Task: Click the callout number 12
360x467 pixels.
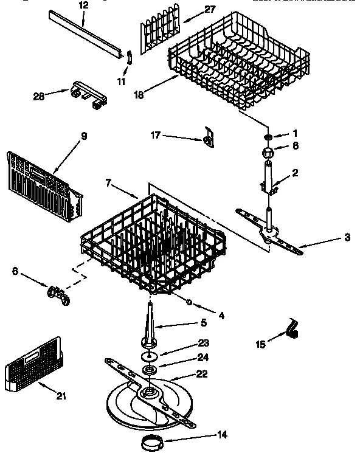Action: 83,5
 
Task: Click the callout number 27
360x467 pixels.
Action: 193,9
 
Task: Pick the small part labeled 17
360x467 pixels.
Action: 209,137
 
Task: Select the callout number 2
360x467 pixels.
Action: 295,173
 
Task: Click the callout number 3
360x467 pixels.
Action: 347,238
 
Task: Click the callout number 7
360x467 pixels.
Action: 108,182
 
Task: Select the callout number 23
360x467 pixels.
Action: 204,342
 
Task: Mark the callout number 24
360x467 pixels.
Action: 204,358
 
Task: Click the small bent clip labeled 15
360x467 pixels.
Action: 292,330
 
